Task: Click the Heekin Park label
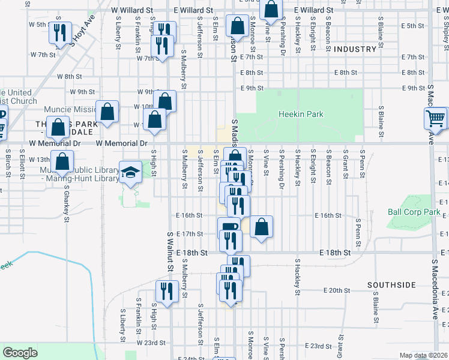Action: click(x=301, y=114)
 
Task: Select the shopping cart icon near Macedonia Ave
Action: click(x=436, y=118)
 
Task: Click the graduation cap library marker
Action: click(x=130, y=172)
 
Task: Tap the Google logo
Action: click(x=20, y=353)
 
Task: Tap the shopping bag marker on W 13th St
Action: click(x=62, y=160)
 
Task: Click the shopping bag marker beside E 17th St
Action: click(x=261, y=227)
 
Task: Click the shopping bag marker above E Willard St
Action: click(x=271, y=9)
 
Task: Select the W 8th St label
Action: click(x=69, y=76)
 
